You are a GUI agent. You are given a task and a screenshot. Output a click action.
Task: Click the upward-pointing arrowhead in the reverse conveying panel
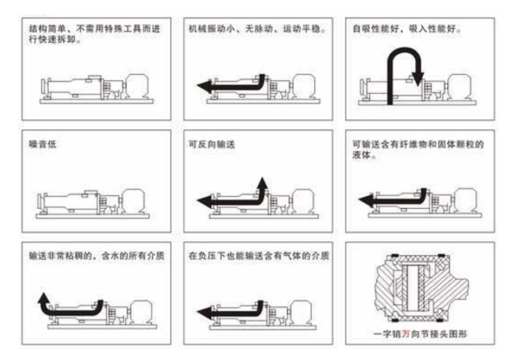(262, 183)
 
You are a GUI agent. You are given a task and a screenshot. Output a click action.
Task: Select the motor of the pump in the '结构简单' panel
(136, 86)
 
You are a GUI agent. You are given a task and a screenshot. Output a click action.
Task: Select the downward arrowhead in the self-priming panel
(417, 79)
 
